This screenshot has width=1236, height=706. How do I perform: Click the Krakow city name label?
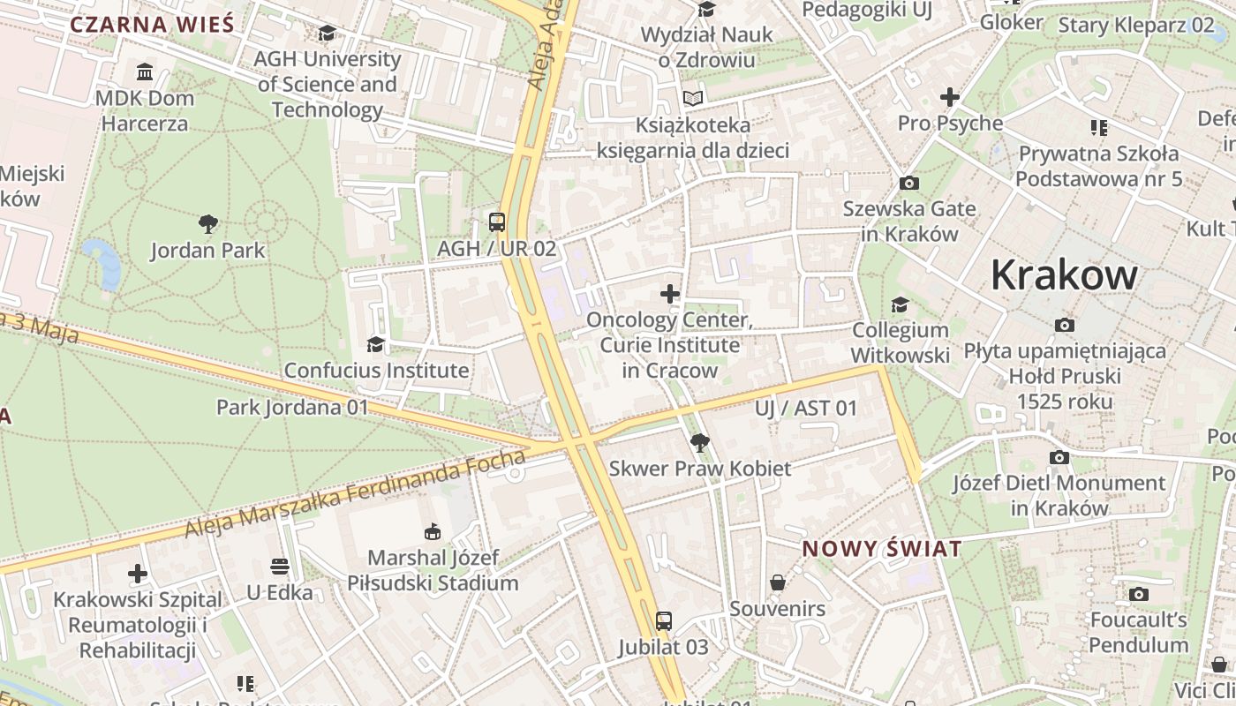pyautogui.click(x=1064, y=275)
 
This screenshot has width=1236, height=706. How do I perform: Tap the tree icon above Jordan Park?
pyautogui.click(x=208, y=224)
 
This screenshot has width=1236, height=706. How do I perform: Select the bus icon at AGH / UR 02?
pyautogui.click(x=497, y=222)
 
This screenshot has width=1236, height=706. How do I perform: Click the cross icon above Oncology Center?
pyautogui.click(x=670, y=293)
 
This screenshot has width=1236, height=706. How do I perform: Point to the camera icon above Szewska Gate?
pyautogui.click(x=908, y=184)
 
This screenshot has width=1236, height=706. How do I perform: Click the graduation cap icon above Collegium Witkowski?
pyautogui.click(x=900, y=305)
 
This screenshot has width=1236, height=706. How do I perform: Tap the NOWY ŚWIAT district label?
pyautogui.click(x=881, y=549)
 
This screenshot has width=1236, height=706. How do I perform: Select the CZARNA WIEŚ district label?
pyautogui.click(x=152, y=24)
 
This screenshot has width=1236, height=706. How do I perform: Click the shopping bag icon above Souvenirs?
pyautogui.click(x=778, y=582)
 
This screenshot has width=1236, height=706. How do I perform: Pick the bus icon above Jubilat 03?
pyautogui.click(x=664, y=621)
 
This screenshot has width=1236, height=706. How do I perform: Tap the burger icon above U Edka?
pyautogui.click(x=280, y=566)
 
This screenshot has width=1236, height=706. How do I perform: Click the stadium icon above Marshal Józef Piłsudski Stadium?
pyautogui.click(x=433, y=532)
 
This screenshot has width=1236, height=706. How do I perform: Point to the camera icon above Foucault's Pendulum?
pyautogui.click(x=1139, y=594)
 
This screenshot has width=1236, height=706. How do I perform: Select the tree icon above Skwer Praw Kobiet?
pyautogui.click(x=699, y=442)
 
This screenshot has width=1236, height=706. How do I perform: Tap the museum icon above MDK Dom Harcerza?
pyautogui.click(x=145, y=71)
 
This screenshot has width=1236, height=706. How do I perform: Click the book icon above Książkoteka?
pyautogui.click(x=693, y=99)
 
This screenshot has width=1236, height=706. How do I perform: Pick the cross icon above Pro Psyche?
pyautogui.click(x=950, y=96)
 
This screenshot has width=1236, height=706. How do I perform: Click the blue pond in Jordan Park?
pyautogui.click(x=104, y=262)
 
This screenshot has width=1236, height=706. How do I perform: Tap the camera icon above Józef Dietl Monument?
pyautogui.click(x=1059, y=457)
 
